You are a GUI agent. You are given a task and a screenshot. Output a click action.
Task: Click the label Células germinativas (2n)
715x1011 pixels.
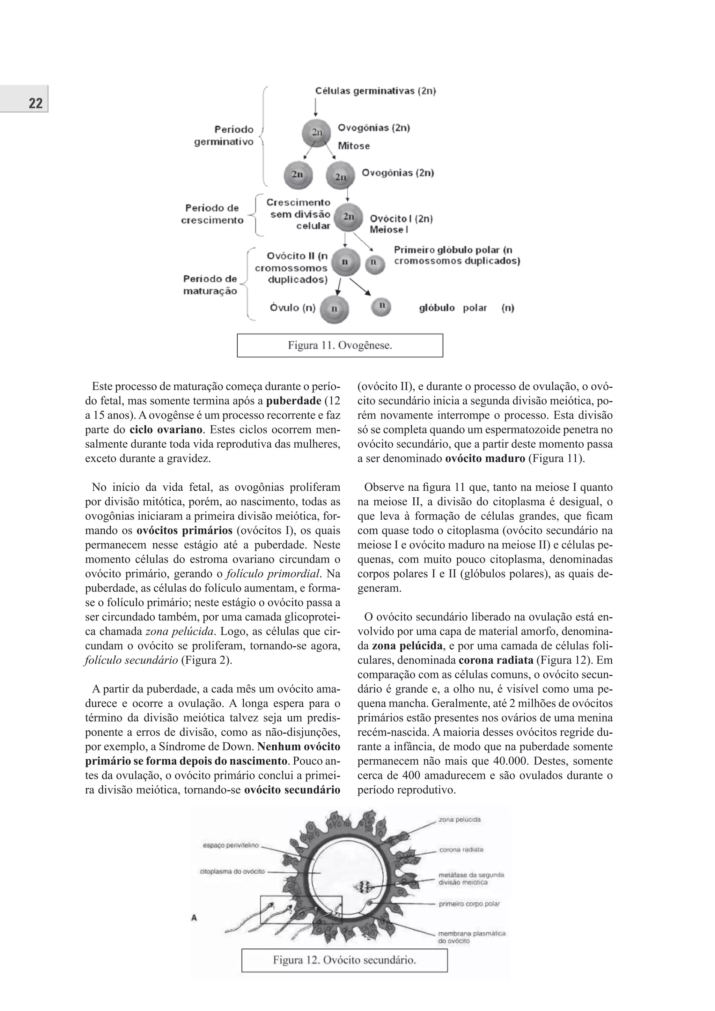(375, 91)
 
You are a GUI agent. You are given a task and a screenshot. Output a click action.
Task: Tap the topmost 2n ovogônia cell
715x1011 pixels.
(316, 132)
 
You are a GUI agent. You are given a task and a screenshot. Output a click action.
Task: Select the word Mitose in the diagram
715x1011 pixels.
(353, 146)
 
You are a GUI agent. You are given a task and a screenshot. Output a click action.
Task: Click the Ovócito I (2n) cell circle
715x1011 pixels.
(348, 217)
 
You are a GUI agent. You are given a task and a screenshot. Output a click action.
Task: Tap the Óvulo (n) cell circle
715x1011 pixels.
(334, 308)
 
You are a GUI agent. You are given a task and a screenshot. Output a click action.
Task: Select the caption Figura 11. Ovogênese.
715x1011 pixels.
(340, 345)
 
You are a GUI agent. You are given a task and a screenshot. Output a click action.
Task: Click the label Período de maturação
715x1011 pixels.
(210, 285)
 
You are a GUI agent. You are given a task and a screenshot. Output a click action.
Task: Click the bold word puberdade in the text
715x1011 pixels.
(294, 401)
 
